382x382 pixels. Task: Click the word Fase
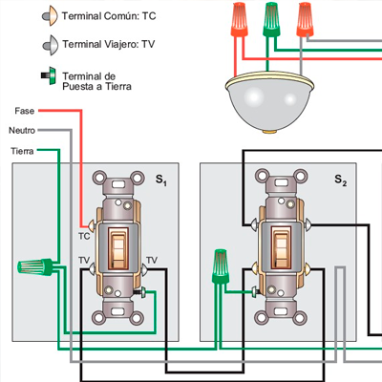pos(25,111)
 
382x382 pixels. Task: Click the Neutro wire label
pos(22,131)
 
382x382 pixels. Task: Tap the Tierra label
pos(22,151)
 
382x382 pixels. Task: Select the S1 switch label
pos(161,180)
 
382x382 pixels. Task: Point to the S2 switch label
pos(341,180)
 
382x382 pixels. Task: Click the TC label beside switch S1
pos(84,236)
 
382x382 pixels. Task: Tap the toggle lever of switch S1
pos(118,246)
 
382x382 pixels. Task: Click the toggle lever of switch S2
pos(282,246)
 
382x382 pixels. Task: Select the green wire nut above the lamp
pos(271,19)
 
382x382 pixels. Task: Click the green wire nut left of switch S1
pos(35,267)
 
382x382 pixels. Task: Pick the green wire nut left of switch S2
pos(221,266)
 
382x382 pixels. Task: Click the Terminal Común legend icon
pos(51,15)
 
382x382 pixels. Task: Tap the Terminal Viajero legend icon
pos(51,45)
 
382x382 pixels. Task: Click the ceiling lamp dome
pos(269,102)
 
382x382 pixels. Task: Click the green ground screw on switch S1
pos(141,292)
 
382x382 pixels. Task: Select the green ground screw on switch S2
pos(255,291)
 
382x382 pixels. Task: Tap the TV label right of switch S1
pos(152,260)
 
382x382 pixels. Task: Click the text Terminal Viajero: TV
pos(109,44)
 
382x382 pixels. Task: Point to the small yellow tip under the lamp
pos(269,131)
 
